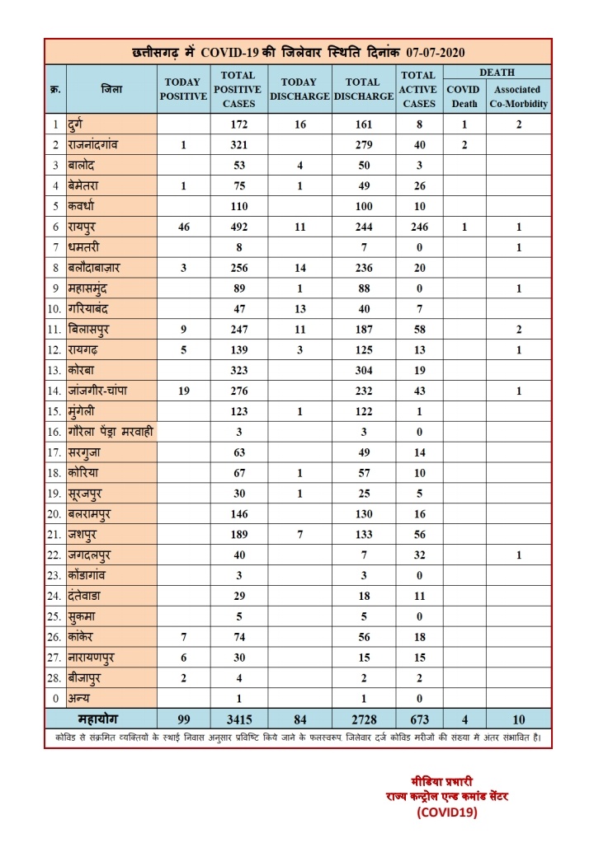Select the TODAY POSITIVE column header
(183, 89)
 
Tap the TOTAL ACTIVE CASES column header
(419, 89)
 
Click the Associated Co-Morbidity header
(518, 96)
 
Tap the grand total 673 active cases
(419, 717)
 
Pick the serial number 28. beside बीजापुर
(56, 677)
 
